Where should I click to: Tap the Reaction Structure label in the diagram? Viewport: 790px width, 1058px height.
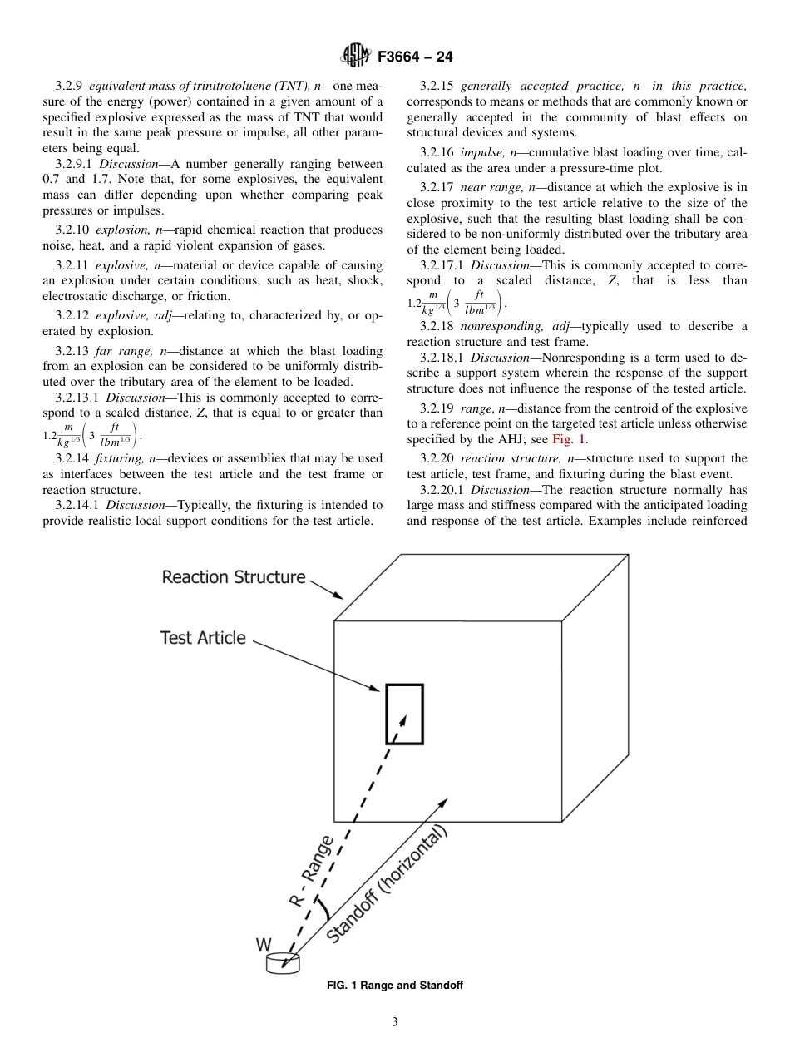(234, 577)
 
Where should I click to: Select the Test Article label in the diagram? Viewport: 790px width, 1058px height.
(203, 638)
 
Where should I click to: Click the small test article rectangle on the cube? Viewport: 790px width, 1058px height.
(404, 714)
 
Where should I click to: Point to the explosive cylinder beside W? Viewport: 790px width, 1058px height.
(282, 962)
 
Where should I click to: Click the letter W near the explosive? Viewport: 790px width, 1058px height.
(264, 945)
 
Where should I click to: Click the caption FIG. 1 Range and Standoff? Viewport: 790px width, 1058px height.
(394, 986)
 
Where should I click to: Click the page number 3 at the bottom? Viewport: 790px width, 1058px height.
(394, 1022)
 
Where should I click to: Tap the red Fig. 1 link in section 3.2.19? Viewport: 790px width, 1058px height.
(570, 440)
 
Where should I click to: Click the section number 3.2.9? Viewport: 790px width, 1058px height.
(69, 87)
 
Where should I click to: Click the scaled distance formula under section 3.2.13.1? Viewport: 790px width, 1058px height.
(92, 433)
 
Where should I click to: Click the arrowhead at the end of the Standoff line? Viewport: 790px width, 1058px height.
(443, 803)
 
